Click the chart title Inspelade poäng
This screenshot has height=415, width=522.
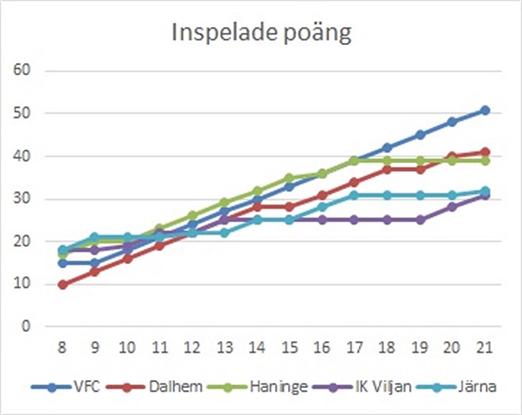261,34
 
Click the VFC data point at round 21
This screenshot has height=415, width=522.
485,110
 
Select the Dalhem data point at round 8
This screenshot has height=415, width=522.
63,284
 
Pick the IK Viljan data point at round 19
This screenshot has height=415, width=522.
420,220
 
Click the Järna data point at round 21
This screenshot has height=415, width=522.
485,191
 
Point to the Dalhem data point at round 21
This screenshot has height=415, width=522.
485,152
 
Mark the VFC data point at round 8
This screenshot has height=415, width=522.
63,263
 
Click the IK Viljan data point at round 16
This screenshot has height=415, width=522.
322,220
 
